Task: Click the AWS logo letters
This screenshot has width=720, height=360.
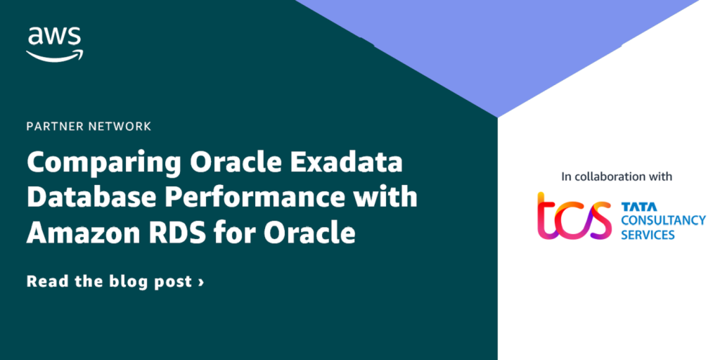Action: pos(54,36)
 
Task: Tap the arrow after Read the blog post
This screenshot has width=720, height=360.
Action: pos(200,281)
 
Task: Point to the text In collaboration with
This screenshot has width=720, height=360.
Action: pos(617,176)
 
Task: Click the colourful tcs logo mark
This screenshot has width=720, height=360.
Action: pos(574,215)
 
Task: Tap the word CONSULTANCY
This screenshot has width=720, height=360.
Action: pos(663,220)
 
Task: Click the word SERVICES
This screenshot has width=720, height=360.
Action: pos(648,235)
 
